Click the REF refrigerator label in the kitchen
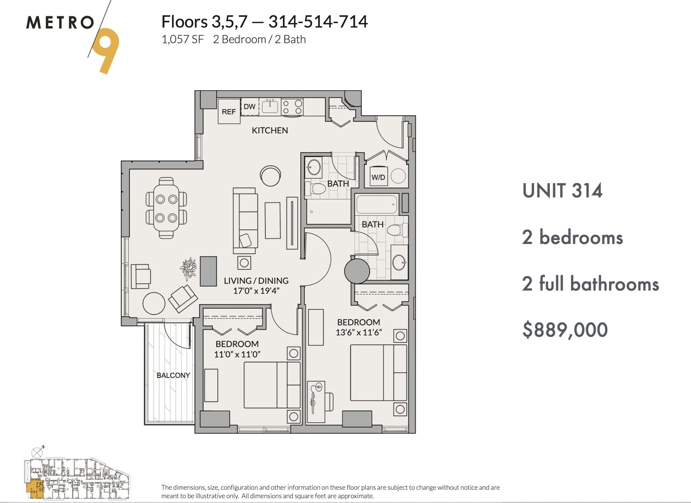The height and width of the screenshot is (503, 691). (229, 112)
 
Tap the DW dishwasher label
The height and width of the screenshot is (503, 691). (249, 106)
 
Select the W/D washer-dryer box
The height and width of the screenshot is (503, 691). (378, 177)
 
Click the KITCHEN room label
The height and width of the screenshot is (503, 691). (270, 130)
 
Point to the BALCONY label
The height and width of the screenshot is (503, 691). (173, 375)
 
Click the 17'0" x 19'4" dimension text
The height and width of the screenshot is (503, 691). (256, 291)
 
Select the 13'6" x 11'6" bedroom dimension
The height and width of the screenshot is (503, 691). (358, 332)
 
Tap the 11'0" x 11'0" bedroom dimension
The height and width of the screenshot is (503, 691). (237, 354)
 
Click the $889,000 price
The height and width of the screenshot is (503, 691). (565, 330)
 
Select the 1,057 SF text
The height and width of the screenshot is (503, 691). (182, 39)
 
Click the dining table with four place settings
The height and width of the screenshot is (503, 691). (166, 208)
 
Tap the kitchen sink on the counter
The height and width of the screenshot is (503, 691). (270, 106)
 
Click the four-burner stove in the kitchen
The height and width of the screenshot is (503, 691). (292, 107)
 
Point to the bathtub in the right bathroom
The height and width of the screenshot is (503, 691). (377, 204)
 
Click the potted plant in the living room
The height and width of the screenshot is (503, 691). (189, 268)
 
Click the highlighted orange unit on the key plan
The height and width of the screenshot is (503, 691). (34, 489)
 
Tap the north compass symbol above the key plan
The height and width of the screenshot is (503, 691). (38, 452)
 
